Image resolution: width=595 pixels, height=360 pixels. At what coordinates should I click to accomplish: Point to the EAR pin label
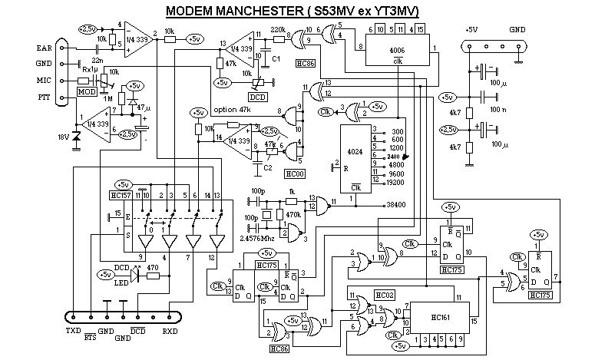pos(45,48)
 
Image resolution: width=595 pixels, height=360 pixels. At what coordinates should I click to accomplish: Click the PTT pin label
pos(44,98)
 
